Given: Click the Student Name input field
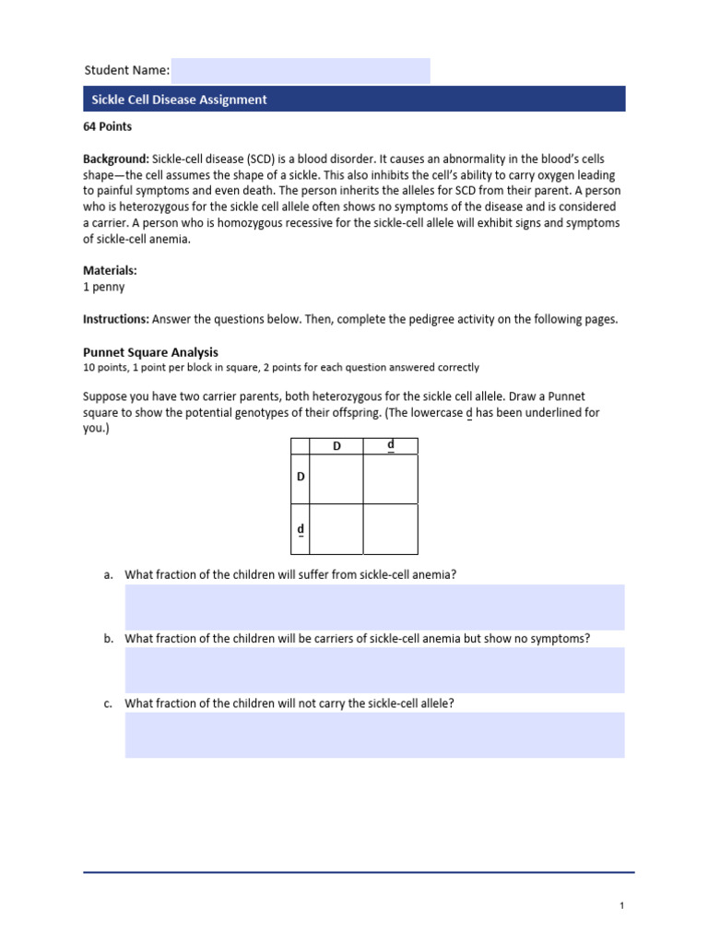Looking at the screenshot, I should (301, 71).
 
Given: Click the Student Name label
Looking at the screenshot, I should (126, 71).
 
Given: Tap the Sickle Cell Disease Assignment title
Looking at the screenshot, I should (179, 100).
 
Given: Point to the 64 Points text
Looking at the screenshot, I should (108, 127).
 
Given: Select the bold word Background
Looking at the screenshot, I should (116, 159).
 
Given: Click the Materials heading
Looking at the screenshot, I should (110, 271).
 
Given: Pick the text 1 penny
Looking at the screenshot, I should (104, 287).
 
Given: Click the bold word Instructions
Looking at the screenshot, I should (116, 319).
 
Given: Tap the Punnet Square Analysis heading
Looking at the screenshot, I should (150, 352).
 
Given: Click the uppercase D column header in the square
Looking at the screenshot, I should (336, 447).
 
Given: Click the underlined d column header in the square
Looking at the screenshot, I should (391, 446).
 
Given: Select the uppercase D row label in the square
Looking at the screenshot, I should (300, 478).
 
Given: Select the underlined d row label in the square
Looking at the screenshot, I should (300, 529).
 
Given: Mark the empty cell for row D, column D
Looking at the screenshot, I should (336, 478).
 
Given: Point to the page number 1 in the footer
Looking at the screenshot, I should (622, 906).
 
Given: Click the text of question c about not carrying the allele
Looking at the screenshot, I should (289, 703).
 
